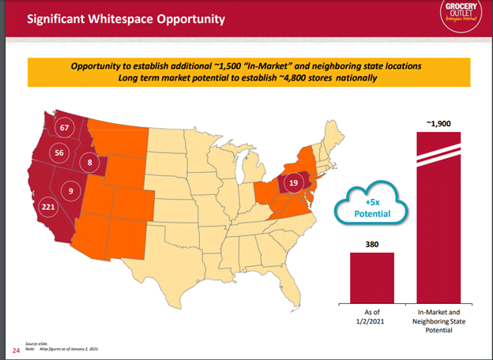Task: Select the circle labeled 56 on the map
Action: [58, 153]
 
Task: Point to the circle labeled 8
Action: [89, 163]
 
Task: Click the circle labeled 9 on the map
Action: [71, 190]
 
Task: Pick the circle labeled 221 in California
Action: [49, 208]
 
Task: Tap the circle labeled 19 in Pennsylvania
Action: [293, 183]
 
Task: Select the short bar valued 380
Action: [371, 276]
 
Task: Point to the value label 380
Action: [371, 244]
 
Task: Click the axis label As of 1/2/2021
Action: [371, 316]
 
